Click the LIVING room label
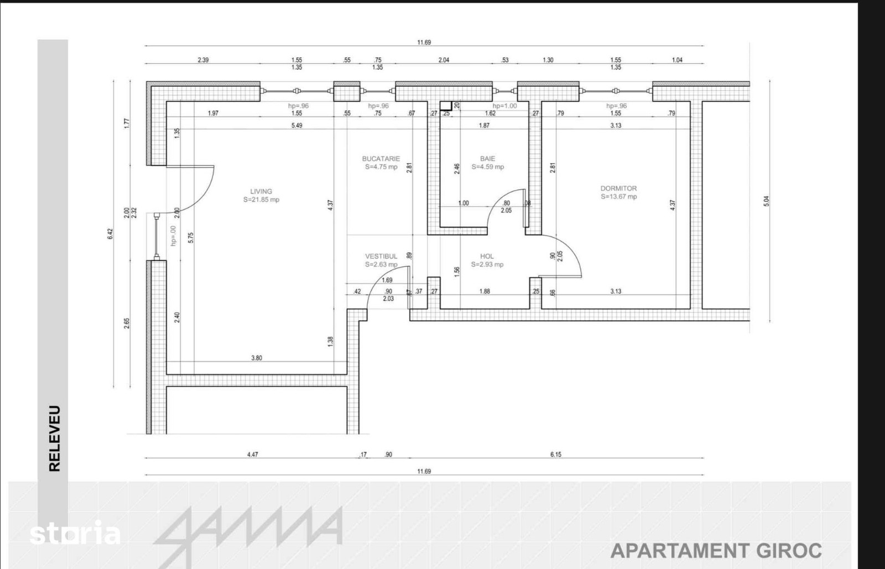(261, 191)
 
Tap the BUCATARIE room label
(381, 159)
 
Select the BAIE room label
(487, 158)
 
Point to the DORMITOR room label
(618, 189)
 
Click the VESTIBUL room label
(381, 256)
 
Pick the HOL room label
(487, 256)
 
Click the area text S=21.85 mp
(261, 200)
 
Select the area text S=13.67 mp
(618, 197)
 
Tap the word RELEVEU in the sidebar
(55, 439)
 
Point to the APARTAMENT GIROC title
(716, 551)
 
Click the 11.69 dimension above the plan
(424, 42)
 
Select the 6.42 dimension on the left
(110, 234)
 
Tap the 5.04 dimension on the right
(767, 201)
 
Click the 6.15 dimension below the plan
(555, 455)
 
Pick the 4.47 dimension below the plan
(252, 455)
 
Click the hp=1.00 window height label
(504, 106)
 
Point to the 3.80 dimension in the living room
(257, 358)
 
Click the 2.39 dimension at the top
(203, 60)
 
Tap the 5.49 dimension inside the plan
(296, 126)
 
